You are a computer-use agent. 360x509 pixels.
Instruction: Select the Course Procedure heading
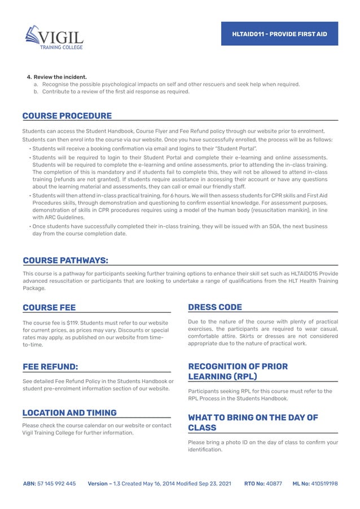tap(67, 116)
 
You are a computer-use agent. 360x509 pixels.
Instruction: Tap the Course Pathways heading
tap(65, 260)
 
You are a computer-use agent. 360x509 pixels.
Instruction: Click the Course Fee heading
tap(49, 308)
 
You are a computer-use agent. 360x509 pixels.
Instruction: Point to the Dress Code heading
tap(214, 308)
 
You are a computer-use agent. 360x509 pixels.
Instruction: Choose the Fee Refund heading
tap(50, 366)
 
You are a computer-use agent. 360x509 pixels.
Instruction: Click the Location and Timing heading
tap(69, 413)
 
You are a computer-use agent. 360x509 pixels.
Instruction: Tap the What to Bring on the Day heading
tap(252, 422)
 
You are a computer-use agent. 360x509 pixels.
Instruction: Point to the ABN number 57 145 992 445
tap(56, 484)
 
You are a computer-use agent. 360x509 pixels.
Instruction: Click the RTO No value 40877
tap(274, 484)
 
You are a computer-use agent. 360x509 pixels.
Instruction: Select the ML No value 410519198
tap(324, 484)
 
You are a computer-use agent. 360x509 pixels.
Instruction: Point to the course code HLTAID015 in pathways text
tap(300, 274)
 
